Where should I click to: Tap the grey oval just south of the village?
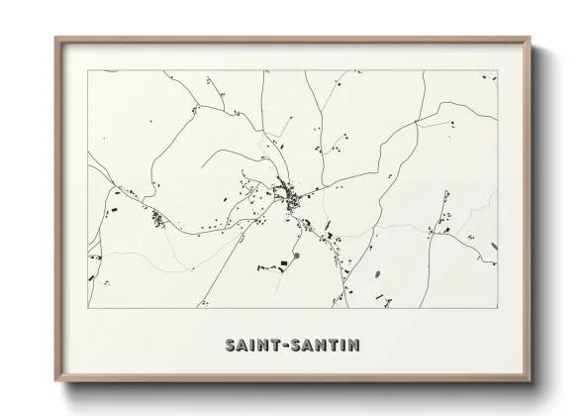pos(295,257)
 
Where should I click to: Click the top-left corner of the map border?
pos(88,71)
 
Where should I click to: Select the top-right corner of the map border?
pos(497,71)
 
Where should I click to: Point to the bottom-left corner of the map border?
pos(88,309)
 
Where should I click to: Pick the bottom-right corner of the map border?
pos(497,309)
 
